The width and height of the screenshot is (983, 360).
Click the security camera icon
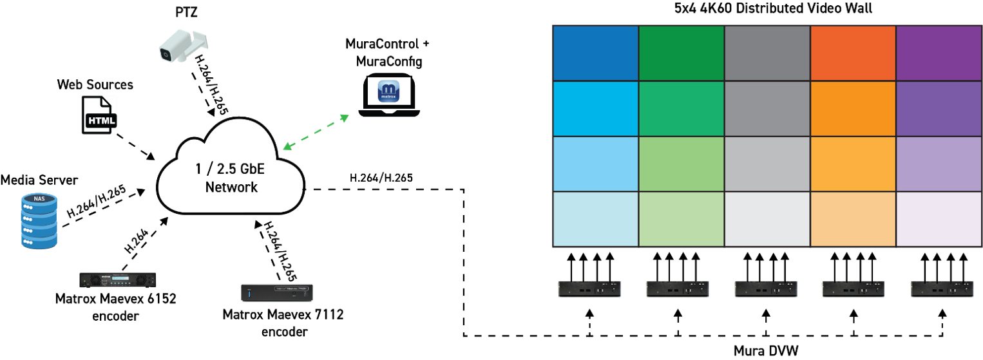click(x=183, y=46)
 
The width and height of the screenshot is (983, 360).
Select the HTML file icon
click(x=100, y=115)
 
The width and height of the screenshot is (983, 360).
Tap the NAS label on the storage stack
click(x=39, y=200)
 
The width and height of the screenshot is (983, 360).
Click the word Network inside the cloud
click(x=231, y=187)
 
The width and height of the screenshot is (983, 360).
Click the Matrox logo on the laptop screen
click(x=388, y=91)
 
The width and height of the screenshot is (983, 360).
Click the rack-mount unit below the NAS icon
click(x=118, y=279)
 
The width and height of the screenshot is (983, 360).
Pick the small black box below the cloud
click(x=277, y=292)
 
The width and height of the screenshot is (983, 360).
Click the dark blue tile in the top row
click(x=596, y=53)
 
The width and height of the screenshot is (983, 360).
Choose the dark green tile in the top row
click(x=682, y=53)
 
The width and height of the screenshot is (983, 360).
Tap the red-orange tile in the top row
click(x=853, y=53)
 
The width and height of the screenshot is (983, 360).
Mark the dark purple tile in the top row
click(x=939, y=53)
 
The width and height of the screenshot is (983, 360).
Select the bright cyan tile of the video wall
click(x=596, y=109)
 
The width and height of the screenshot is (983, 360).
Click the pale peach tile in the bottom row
click(x=853, y=219)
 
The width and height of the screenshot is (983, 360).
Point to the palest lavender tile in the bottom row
click(x=939, y=219)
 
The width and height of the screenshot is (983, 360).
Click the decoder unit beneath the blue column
click(x=589, y=288)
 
